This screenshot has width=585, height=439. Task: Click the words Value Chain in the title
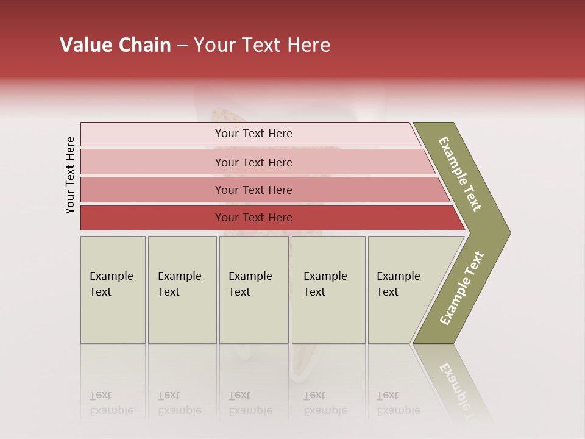pyautogui.click(x=115, y=45)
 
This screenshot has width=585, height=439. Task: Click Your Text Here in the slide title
pyautogui.click(x=262, y=45)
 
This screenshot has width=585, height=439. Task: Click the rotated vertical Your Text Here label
pyautogui.click(x=70, y=175)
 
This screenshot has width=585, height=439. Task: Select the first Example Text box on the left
pyautogui.click(x=113, y=290)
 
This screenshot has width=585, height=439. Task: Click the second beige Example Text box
pyautogui.click(x=182, y=290)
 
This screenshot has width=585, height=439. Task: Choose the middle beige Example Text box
pyautogui.click(x=253, y=290)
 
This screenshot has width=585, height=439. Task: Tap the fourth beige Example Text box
pyautogui.click(x=328, y=290)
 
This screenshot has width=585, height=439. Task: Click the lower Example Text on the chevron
pyautogui.click(x=462, y=288)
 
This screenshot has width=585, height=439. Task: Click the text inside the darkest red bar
pyautogui.click(x=253, y=218)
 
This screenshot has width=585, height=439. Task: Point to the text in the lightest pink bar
pyautogui.click(x=253, y=134)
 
